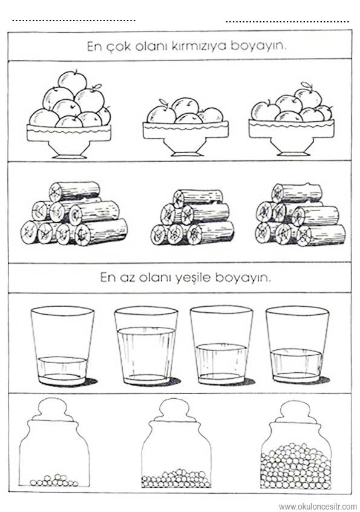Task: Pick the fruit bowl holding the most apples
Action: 69,114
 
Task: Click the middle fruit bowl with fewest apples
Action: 185,126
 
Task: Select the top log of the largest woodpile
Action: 74,191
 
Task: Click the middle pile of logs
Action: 192,217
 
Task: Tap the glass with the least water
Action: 62,346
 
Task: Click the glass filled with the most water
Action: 146,346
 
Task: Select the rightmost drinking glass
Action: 297,344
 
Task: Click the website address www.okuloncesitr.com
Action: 318,507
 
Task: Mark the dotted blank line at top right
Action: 287,22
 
